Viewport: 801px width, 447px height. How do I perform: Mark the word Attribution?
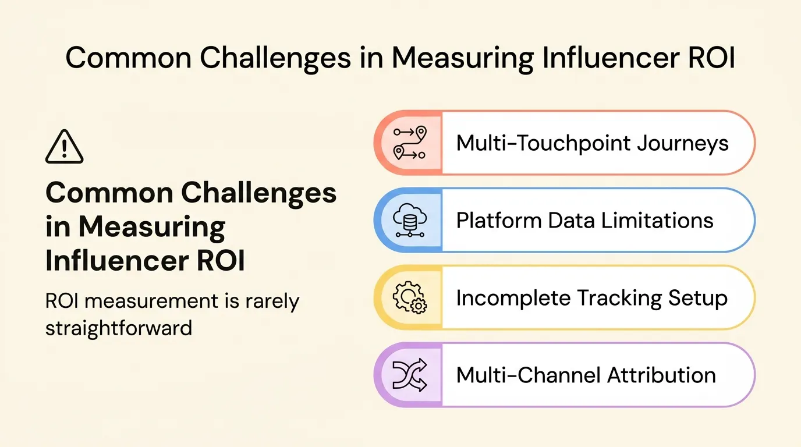point(661,375)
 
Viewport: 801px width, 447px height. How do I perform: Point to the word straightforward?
point(119,328)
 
